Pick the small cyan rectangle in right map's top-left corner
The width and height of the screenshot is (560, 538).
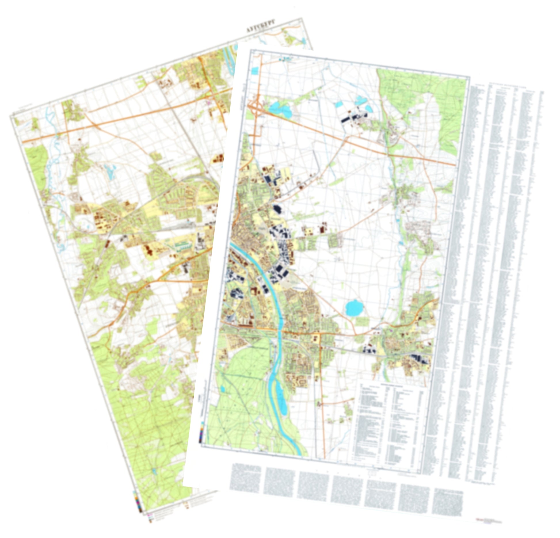[255, 71]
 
